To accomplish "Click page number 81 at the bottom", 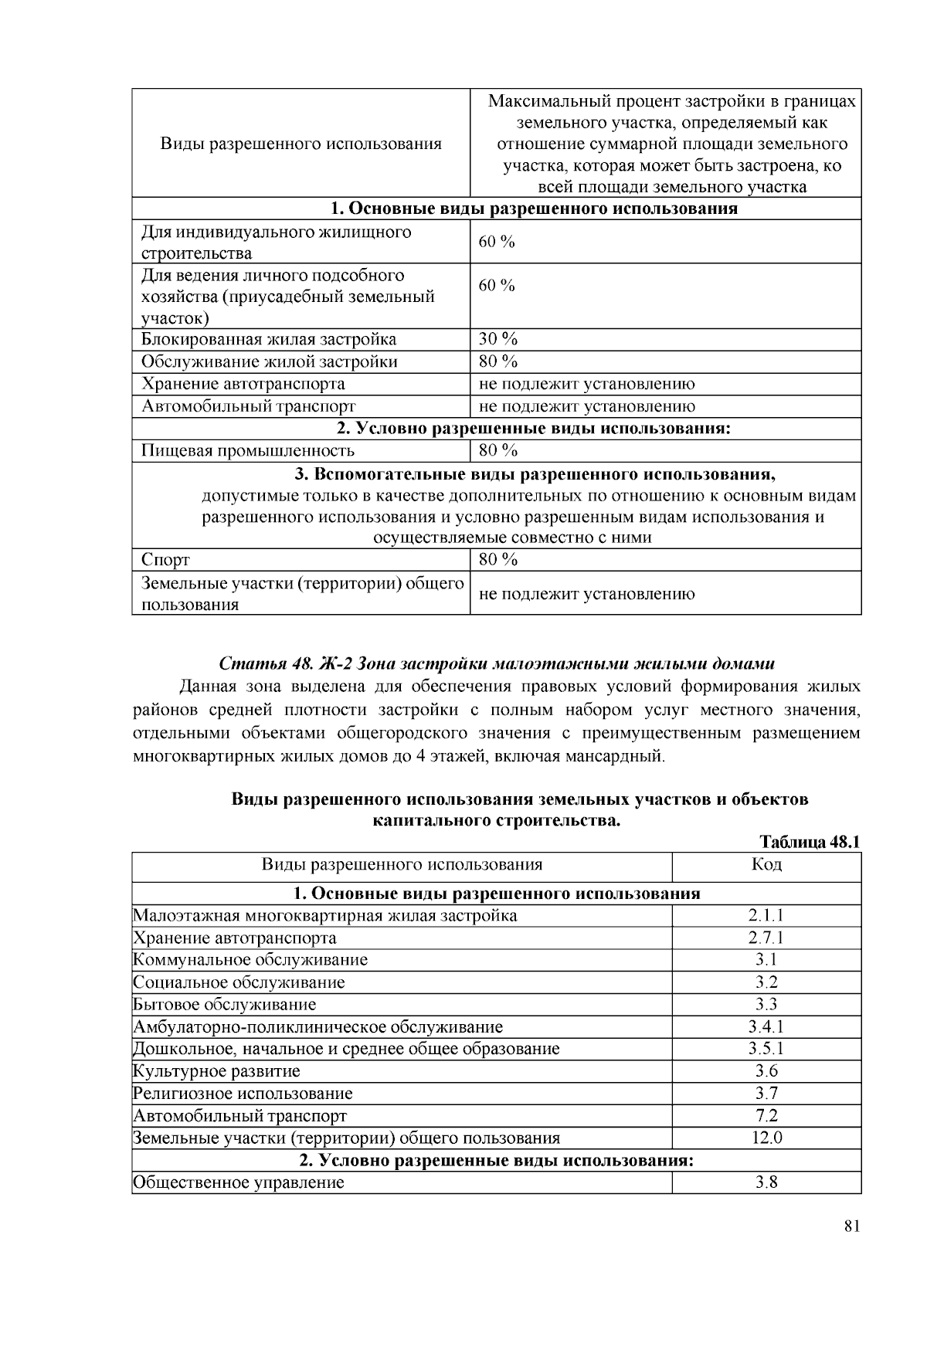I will click(x=851, y=1227).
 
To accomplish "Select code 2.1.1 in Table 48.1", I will click(x=766, y=916).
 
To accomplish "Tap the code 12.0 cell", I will click(x=766, y=1138).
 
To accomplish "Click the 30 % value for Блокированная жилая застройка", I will click(x=498, y=339).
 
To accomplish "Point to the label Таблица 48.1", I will click(x=810, y=842).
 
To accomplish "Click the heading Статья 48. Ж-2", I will click(x=496, y=663).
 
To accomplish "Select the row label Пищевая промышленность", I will click(x=247, y=450).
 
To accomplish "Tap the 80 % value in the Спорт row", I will click(x=498, y=559).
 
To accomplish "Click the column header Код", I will click(x=766, y=864).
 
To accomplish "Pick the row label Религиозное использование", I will click(x=243, y=1094).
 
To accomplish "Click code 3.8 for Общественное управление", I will click(x=766, y=1182).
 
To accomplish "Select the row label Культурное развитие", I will click(x=216, y=1071).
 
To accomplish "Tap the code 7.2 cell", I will click(x=766, y=1116).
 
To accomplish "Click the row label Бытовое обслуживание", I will click(x=225, y=1005).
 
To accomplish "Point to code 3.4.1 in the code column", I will click(x=766, y=1027).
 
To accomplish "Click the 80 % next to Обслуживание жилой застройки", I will click(x=498, y=361).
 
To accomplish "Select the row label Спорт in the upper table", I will click(x=165, y=559).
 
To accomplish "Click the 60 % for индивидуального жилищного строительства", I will click(x=497, y=242).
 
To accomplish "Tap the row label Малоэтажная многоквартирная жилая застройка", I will click(x=325, y=916).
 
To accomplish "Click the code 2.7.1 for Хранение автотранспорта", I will click(x=766, y=938).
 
